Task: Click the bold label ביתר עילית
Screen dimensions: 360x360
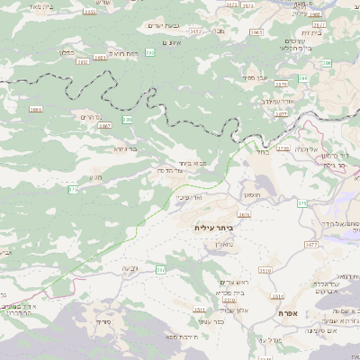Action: pyautogui.click(x=213, y=229)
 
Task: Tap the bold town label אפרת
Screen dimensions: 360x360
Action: pyautogui.click(x=301, y=312)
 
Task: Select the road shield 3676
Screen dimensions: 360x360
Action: pyautogui.click(x=244, y=214)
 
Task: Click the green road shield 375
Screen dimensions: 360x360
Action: pyautogui.click(x=73, y=189)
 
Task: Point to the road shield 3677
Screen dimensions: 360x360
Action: pyautogui.click(x=311, y=244)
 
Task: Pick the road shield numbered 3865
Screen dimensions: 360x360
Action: pyautogui.click(x=36, y=110)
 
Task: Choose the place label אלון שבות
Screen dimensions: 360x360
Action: pyautogui.click(x=233, y=310)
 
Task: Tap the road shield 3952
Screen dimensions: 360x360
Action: pyautogui.click(x=195, y=31)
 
